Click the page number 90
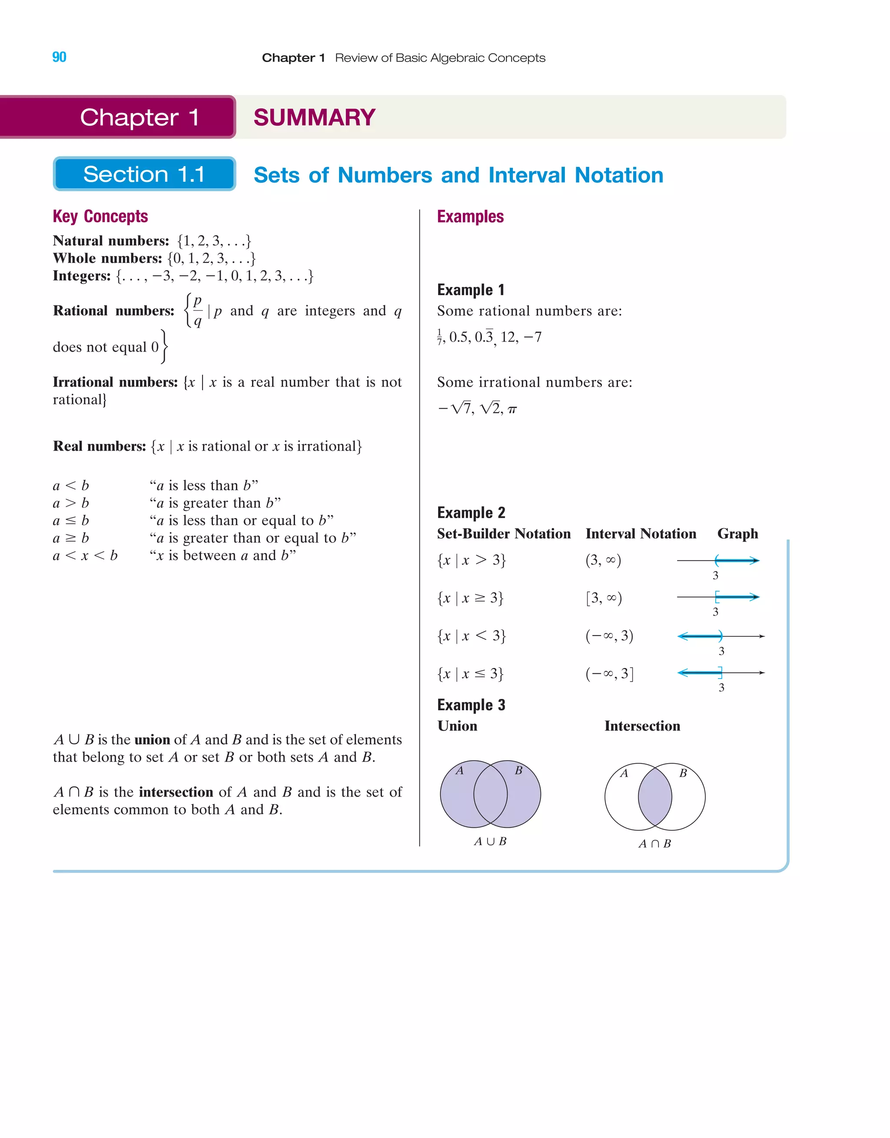point(60,57)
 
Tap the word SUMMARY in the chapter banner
point(314,117)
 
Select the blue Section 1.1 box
point(144,174)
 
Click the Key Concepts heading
point(100,216)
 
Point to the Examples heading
point(470,216)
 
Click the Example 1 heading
point(471,289)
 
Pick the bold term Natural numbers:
point(111,241)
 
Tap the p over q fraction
point(197,311)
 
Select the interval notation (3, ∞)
point(603,560)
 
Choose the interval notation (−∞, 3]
point(609,674)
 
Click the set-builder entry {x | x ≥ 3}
point(470,598)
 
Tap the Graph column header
point(737,533)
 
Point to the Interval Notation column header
point(641,533)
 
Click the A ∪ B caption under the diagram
point(490,841)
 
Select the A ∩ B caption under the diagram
point(654,844)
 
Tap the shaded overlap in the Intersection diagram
point(655,797)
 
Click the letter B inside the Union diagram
point(518,771)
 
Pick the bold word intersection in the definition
point(176,792)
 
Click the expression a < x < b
point(85,556)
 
